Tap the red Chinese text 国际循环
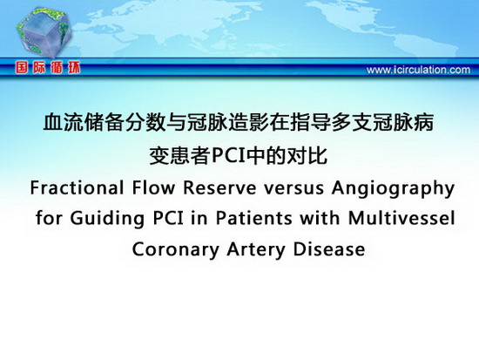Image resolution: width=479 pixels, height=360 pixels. [48, 68]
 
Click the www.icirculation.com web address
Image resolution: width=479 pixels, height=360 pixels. [418, 70]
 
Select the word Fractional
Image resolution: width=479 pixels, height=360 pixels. [77, 187]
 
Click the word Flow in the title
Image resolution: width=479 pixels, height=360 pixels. [153, 187]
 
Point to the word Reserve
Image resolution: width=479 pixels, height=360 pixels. [219, 187]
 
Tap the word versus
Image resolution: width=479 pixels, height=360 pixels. [294, 189]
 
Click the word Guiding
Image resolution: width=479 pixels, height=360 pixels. [107, 220]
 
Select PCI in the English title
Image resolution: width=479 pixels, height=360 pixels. [168, 219]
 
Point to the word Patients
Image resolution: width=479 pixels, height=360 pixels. [253, 219]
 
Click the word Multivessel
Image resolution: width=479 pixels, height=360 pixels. [401, 219]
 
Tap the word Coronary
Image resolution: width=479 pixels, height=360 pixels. [175, 251]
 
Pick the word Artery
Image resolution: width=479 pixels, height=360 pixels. [256, 251]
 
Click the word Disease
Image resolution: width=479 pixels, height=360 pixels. [329, 249]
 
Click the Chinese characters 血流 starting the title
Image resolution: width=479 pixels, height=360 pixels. [64, 123]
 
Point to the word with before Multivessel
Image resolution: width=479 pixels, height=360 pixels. [320, 219]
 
